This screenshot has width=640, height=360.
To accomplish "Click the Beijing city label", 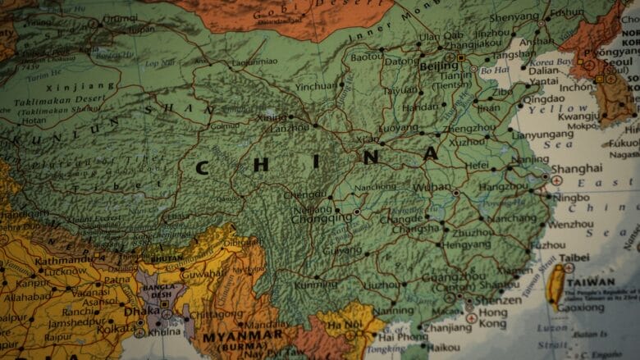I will click(x=438, y=66).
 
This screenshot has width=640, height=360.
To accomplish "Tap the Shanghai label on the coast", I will click(x=576, y=168).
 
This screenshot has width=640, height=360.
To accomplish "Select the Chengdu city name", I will click(x=304, y=195).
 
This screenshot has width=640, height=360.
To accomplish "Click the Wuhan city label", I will click(x=432, y=187).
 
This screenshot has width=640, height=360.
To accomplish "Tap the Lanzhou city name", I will click(x=290, y=129).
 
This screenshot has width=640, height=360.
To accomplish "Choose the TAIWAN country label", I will click(x=589, y=281).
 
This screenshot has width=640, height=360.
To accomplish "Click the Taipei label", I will click(x=574, y=257).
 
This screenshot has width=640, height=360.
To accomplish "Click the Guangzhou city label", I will click(x=446, y=278).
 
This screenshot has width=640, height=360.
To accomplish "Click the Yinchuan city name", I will click(x=316, y=85).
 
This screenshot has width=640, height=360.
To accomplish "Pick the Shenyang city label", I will click(x=514, y=17).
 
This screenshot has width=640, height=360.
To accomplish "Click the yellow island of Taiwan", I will click(x=555, y=286).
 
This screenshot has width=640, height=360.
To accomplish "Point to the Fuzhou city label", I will click(x=547, y=244).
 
